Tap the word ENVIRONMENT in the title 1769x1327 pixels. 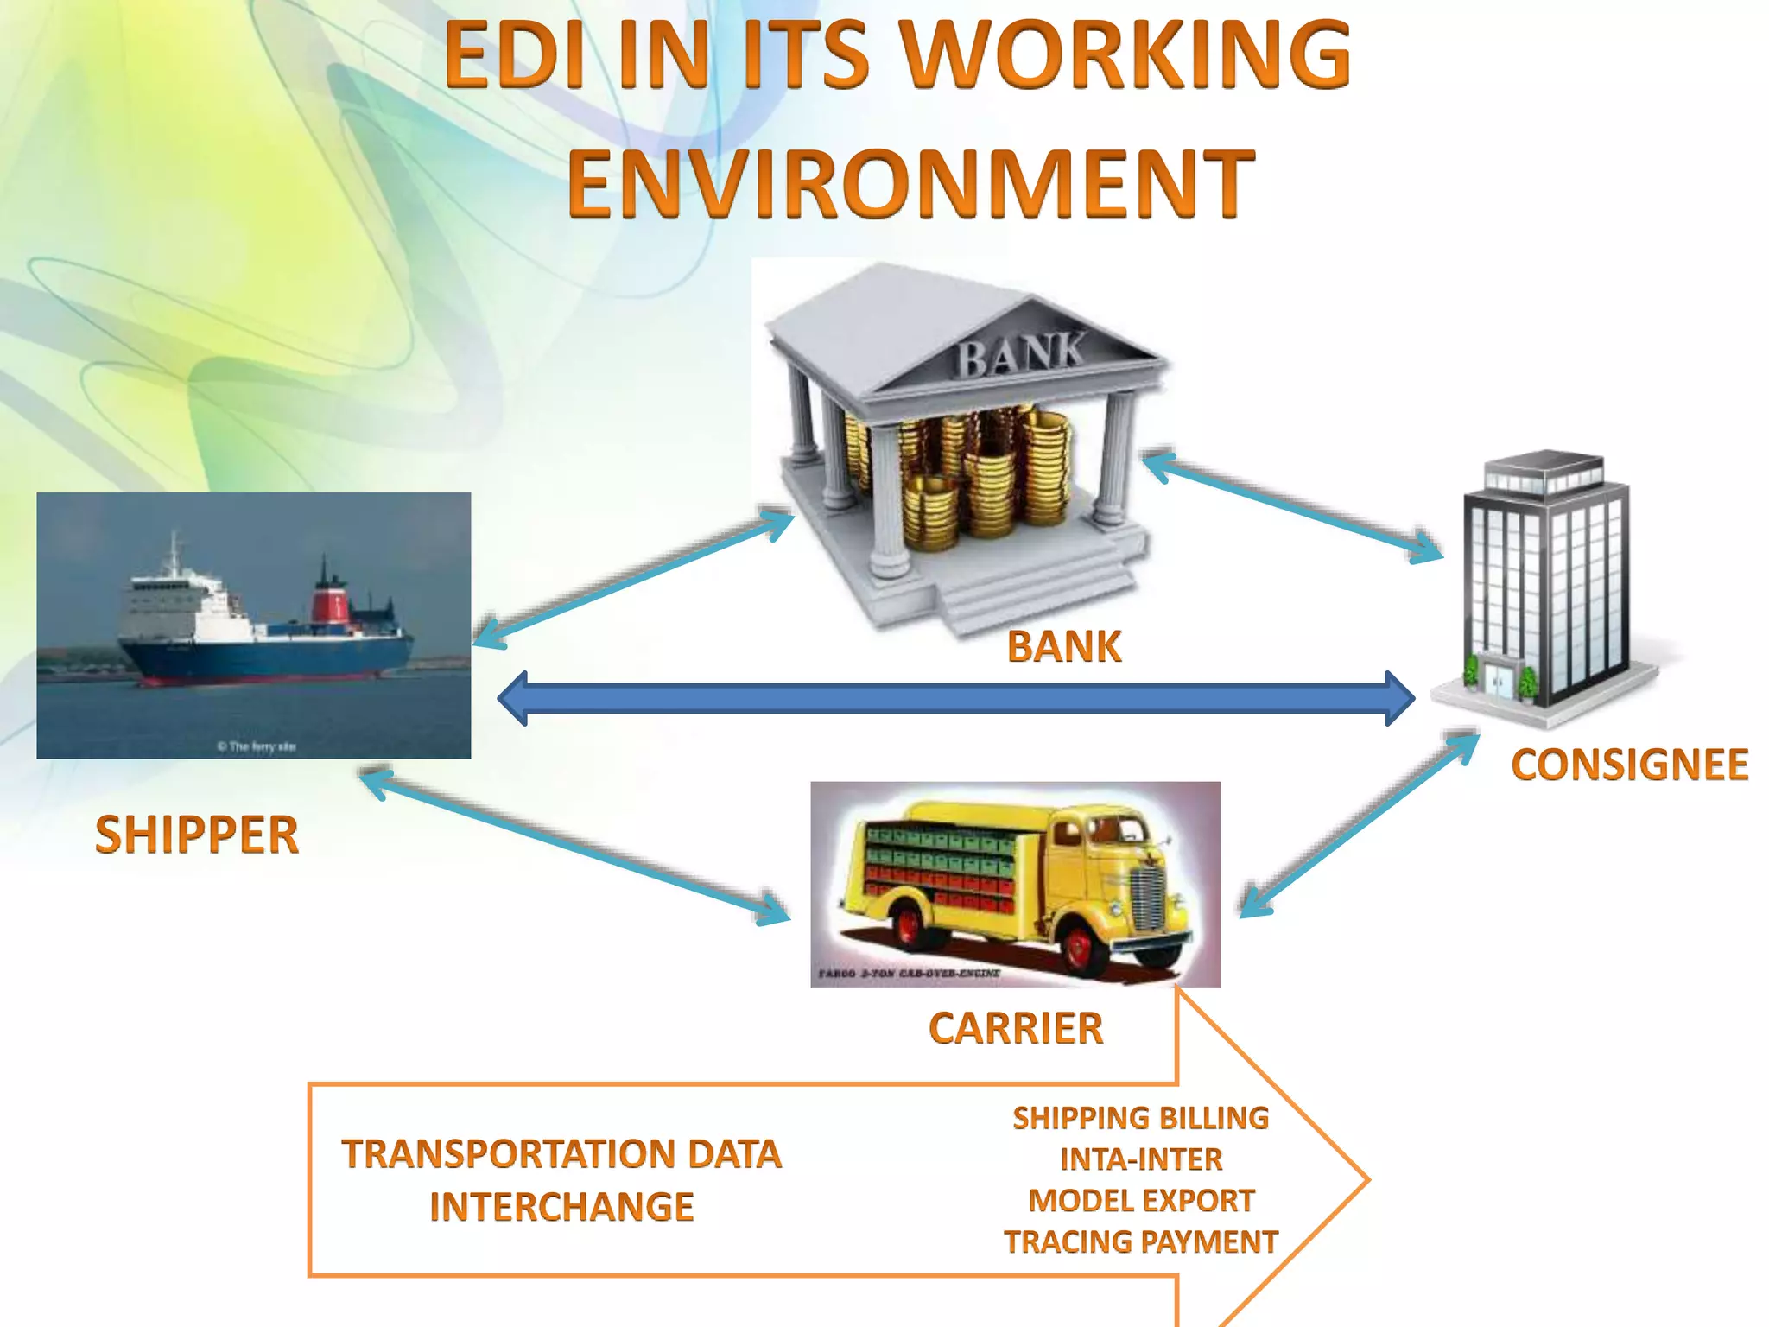pos(910,183)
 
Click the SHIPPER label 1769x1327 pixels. pos(197,835)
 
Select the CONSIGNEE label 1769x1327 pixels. pos(1629,765)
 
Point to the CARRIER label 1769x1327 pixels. pos(1016,1028)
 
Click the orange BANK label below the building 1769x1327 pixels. pos(1064,646)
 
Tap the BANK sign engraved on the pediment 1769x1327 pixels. pos(1019,354)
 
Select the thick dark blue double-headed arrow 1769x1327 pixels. pos(955,698)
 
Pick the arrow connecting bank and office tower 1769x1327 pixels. pos(1292,505)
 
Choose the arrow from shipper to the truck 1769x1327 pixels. pos(574,847)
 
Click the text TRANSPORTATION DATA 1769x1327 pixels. pos(561,1154)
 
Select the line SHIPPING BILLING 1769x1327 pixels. pos(1140,1118)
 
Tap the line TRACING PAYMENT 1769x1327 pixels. pos(1140,1241)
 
